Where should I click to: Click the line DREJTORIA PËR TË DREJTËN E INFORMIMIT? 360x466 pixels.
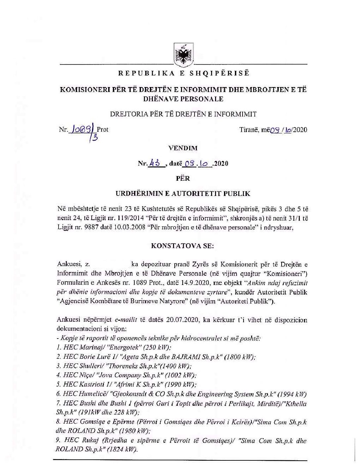pos(183,114)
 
